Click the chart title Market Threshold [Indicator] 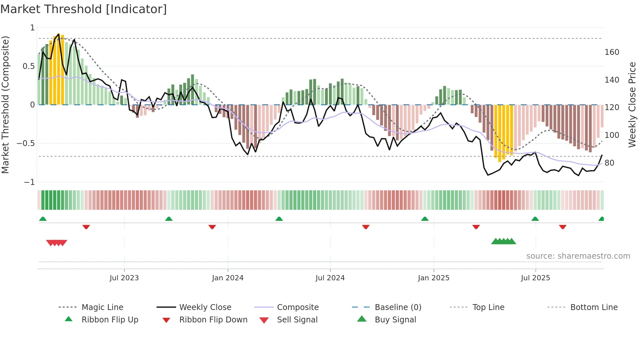click(84, 9)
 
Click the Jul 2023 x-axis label click(124, 278)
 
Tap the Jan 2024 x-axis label click(228, 278)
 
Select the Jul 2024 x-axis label click(330, 278)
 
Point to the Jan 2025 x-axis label click(434, 278)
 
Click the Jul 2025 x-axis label click(536, 278)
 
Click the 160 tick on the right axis click(612, 52)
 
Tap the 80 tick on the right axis click(609, 163)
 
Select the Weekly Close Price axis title click(632, 105)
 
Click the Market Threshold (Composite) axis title click(5, 105)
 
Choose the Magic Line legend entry click(102, 307)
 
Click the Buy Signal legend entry click(395, 320)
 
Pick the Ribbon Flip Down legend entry click(213, 320)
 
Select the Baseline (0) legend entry click(398, 307)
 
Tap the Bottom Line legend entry click(594, 307)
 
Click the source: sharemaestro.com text click(578, 256)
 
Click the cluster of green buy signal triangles click(504, 241)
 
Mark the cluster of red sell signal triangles click(56, 243)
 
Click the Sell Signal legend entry click(297, 320)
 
